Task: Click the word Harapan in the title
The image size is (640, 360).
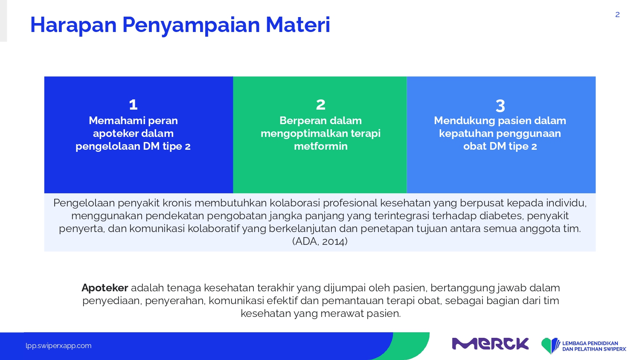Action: (73, 25)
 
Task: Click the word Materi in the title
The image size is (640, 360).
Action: (298, 25)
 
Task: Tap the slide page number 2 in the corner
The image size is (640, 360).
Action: (617, 15)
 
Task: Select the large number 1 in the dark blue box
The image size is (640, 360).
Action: (133, 105)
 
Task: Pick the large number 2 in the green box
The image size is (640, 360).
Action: (320, 105)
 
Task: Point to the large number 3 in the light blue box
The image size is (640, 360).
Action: (500, 106)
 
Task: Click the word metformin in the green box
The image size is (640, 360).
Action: (320, 146)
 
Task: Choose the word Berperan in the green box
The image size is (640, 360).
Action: (301, 121)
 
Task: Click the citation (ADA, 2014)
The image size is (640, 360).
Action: (320, 241)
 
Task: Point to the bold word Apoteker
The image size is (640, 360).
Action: (105, 288)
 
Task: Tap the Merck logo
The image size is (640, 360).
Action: (490, 344)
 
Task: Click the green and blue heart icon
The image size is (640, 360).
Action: (550, 345)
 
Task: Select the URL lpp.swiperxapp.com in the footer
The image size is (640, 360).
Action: (58, 346)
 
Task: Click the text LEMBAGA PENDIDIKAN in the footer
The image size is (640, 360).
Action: (590, 343)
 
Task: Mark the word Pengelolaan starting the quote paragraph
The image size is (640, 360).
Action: (84, 203)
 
